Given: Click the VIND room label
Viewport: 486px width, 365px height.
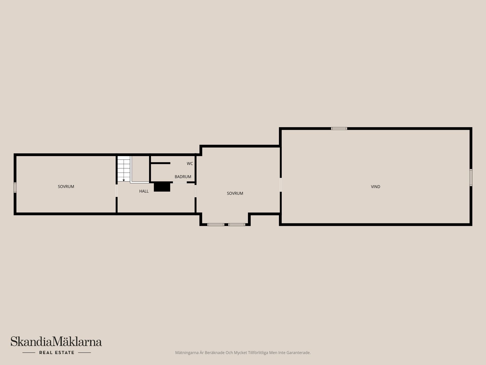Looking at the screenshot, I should (x=375, y=187).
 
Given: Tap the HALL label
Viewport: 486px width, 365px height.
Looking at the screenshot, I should (x=144, y=191).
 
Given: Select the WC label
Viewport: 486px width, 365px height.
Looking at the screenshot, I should (x=190, y=164).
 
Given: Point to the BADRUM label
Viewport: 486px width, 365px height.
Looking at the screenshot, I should (x=183, y=177).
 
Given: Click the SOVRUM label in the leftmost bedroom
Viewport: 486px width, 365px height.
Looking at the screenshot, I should (x=66, y=187).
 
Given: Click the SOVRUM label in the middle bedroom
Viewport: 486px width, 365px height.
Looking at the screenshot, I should (x=235, y=193).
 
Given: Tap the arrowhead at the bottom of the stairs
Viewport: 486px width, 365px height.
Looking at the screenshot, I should (x=124, y=180).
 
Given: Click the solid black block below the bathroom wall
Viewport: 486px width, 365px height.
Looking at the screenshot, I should (x=162, y=187).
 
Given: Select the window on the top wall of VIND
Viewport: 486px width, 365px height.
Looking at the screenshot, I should (x=339, y=129).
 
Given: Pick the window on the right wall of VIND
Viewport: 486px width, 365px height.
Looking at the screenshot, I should (x=471, y=177).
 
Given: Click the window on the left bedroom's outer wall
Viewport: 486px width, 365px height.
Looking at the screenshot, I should (x=15, y=188).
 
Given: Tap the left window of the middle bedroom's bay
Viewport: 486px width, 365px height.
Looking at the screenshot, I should (x=216, y=225).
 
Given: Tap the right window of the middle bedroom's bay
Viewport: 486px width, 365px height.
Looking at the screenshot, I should (x=237, y=225).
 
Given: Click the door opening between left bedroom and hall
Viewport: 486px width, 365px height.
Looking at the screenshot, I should (x=117, y=191).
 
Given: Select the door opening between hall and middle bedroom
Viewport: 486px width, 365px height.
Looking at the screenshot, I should (x=195, y=191).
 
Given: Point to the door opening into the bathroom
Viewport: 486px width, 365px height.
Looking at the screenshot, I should (x=180, y=182).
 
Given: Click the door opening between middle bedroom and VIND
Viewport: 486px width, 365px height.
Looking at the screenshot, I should (x=280, y=185).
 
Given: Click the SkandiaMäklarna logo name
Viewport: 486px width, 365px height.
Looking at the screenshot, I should (x=56, y=342).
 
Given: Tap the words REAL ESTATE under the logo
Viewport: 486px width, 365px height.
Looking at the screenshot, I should (x=57, y=353).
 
